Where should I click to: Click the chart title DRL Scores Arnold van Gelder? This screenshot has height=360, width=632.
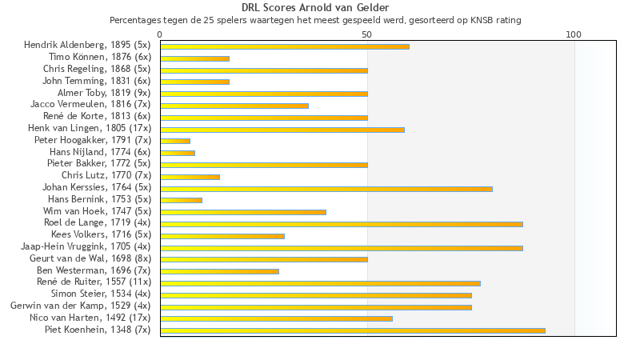pyautogui.click(x=315, y=8)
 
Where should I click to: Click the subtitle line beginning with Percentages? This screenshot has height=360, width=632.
pyautogui.click(x=315, y=19)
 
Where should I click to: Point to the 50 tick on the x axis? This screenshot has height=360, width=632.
pyautogui.click(x=367, y=35)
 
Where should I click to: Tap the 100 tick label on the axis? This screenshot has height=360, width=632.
pyautogui.click(x=574, y=35)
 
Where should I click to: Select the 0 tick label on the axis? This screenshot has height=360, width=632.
pyautogui.click(x=160, y=35)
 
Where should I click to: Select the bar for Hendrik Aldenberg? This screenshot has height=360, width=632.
pyautogui.click(x=284, y=46)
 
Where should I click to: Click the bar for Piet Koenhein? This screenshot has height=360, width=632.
pyautogui.click(x=352, y=330)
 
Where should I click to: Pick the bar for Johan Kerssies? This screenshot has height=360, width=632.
pyautogui.click(x=326, y=188)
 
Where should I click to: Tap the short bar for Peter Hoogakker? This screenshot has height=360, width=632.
pyautogui.click(x=175, y=141)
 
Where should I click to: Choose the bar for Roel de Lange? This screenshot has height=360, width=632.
pyautogui.click(x=341, y=224)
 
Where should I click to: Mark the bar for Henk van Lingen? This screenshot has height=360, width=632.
pyautogui.click(x=282, y=130)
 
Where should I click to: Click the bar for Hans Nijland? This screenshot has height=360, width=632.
pyautogui.click(x=178, y=153)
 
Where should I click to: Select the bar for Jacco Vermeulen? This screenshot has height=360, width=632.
pyautogui.click(x=234, y=106)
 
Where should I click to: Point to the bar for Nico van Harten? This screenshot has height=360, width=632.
pyautogui.click(x=276, y=318)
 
